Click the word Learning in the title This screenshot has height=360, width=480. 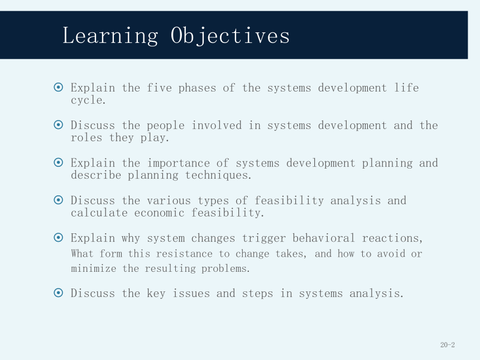tap(111, 36)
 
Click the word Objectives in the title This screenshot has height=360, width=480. tap(230, 36)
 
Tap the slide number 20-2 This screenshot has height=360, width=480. tap(448, 345)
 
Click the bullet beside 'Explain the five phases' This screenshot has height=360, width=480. tap(58, 87)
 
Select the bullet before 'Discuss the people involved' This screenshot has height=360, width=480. tap(58, 125)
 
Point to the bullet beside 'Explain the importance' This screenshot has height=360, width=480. tap(58, 162)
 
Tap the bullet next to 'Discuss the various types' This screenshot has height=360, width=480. tap(58, 200)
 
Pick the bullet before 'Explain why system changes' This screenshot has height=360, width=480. tap(58, 237)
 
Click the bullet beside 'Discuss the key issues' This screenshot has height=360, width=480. tap(58, 292)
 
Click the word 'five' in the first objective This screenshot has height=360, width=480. tap(159, 88)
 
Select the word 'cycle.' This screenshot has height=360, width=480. tap(88, 100)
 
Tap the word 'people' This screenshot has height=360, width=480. tap(166, 126)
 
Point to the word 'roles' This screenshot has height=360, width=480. tap(87, 138)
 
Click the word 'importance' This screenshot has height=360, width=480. tap(179, 164)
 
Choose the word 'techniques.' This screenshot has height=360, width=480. tap(218, 176)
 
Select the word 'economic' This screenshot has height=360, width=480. tap(159, 213)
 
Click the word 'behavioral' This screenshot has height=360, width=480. tap(323, 238)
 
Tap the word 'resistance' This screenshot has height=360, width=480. tap(184, 254)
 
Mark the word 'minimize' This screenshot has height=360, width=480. tap(93, 268)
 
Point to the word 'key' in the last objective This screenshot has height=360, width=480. tap(156, 294)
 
